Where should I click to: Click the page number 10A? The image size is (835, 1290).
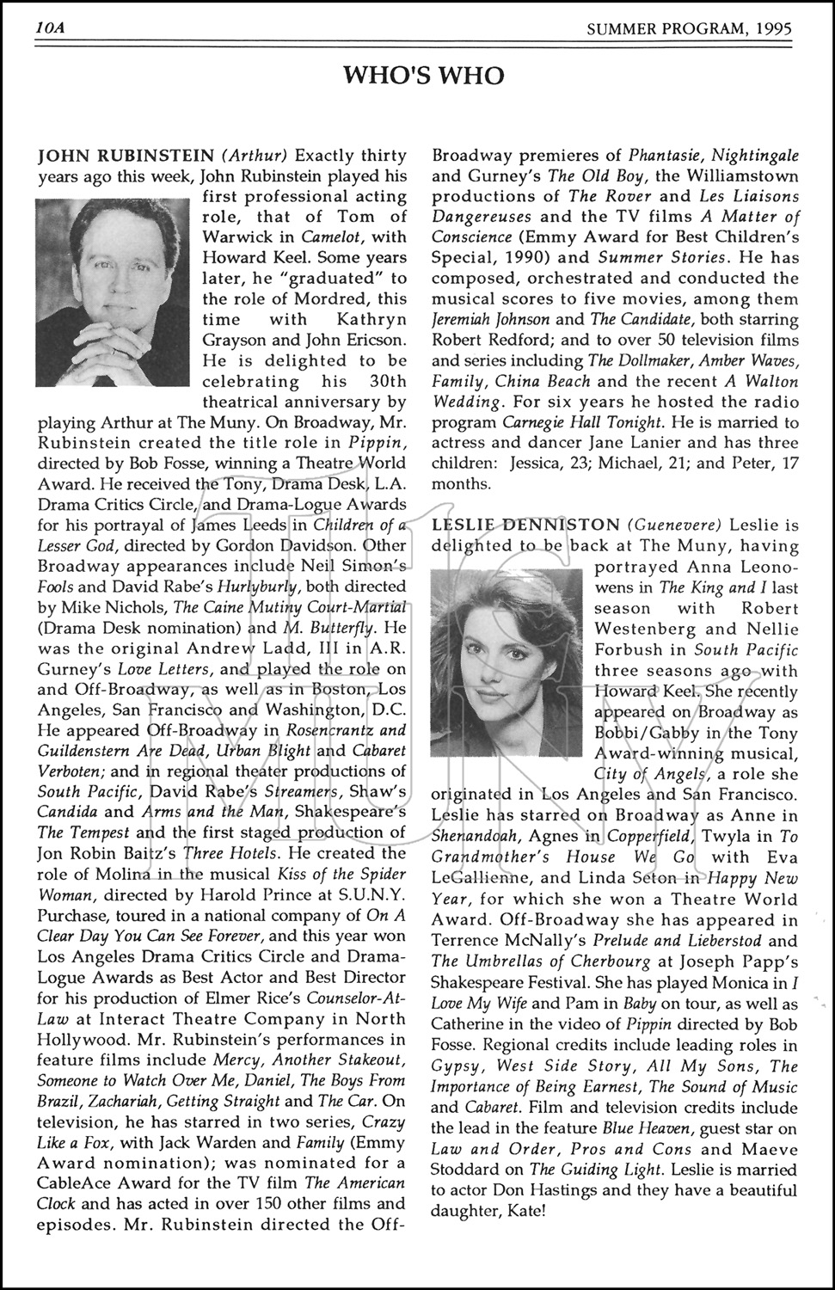point(52,28)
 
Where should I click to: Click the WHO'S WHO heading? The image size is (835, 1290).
point(423,76)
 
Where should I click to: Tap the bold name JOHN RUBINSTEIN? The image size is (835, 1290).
point(126,156)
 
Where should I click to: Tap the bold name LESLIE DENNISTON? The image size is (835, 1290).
point(525,524)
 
